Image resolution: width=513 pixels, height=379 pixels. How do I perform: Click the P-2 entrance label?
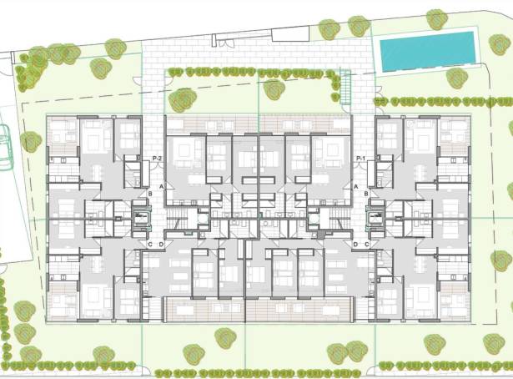(x=157, y=158)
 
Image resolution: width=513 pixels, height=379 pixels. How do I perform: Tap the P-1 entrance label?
(x=360, y=158)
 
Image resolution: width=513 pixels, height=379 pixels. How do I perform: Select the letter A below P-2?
(x=161, y=186)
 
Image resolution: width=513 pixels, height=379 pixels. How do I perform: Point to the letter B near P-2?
(x=150, y=195)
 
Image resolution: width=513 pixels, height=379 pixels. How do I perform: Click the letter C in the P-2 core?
(x=150, y=244)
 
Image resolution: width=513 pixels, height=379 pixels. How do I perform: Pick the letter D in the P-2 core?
(x=161, y=244)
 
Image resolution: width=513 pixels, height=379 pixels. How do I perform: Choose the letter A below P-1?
(x=356, y=186)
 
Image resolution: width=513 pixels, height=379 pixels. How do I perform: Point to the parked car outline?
(x=4, y=147)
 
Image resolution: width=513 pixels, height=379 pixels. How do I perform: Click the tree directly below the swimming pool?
(x=456, y=78)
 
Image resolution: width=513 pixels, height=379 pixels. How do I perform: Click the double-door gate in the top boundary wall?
(x=224, y=38)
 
